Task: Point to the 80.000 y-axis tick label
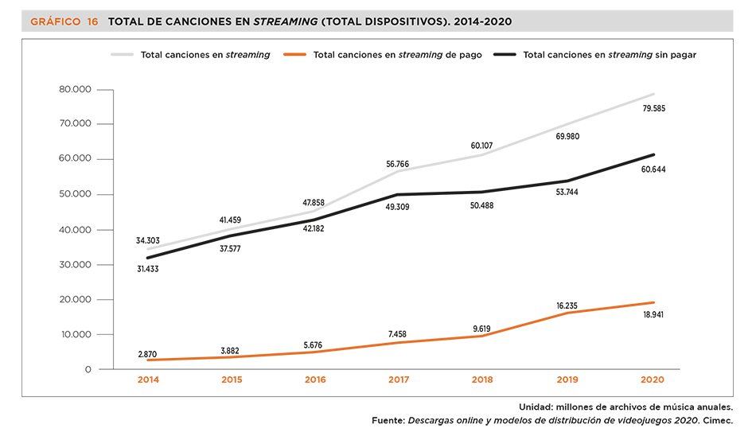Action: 76,89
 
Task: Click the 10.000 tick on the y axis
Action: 76,335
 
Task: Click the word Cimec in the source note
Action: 717,420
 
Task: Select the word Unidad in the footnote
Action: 537,406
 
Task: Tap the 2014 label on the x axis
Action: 147,381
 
